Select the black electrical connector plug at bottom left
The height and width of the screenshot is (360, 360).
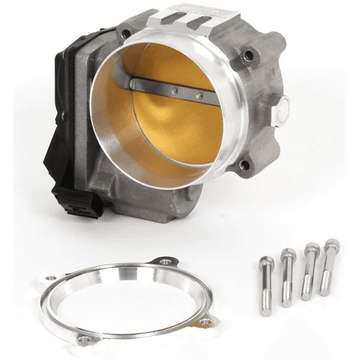pos(74,197)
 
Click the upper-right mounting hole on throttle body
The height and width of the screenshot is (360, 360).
pos(248,56)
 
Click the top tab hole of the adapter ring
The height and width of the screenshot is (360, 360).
pos(163,262)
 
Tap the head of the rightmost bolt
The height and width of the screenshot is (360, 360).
pos(331,244)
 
